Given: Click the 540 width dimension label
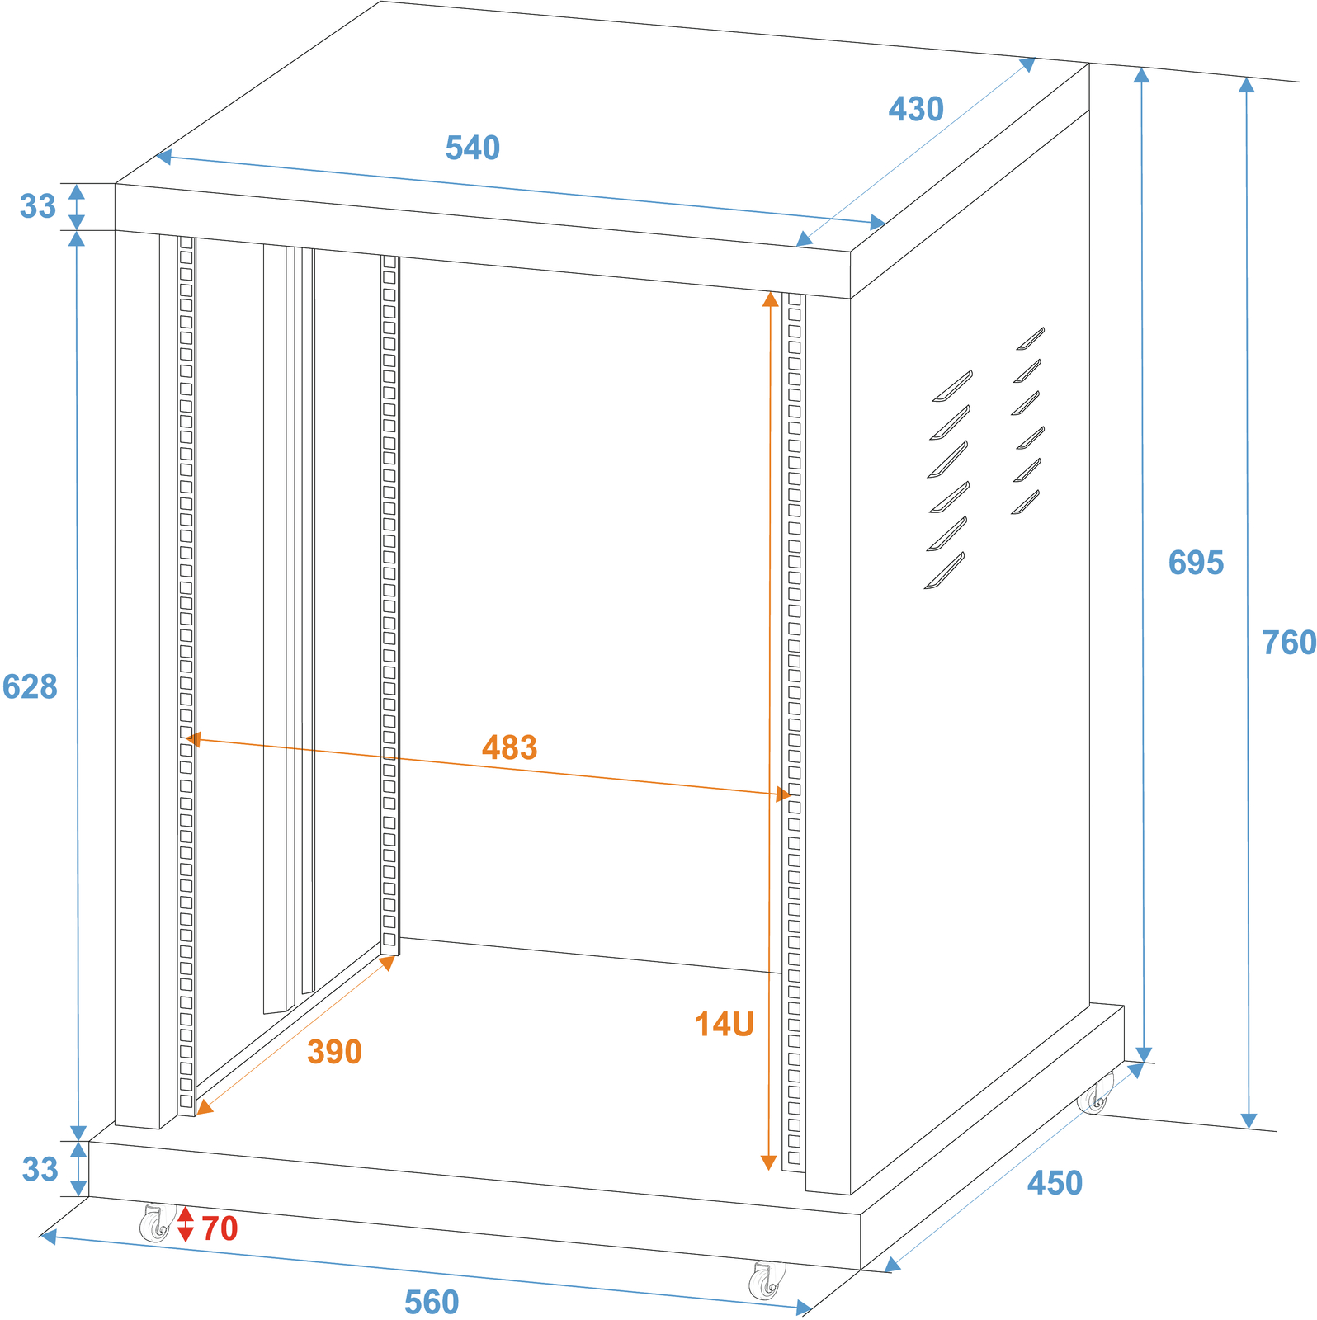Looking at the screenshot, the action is (x=473, y=148).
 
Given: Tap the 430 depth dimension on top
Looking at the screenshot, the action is (x=916, y=110).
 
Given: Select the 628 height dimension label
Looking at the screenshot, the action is (x=30, y=687).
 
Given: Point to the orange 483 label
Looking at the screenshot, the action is (x=510, y=747).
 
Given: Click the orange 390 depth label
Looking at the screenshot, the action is (x=334, y=1052).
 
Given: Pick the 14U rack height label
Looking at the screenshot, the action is (x=725, y=1025).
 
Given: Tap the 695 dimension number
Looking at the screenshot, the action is (x=1196, y=563).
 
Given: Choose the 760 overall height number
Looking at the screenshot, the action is (x=1289, y=643).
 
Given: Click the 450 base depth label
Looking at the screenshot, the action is (x=1055, y=1184).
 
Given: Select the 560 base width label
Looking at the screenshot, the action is (x=432, y=1303).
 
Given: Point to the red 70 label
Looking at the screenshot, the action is (x=219, y=1229).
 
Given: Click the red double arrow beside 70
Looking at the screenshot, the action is (x=185, y=1224).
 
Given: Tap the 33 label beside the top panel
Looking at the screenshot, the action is (x=38, y=206).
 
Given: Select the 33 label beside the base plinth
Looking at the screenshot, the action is (x=40, y=1170).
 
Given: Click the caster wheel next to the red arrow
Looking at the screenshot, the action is (x=157, y=1223).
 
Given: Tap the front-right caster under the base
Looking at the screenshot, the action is (x=767, y=1280).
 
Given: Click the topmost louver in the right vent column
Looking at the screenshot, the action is (x=1030, y=338).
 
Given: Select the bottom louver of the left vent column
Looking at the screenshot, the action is (x=944, y=571).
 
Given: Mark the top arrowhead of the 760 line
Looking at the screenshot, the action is (x=1246, y=85).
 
